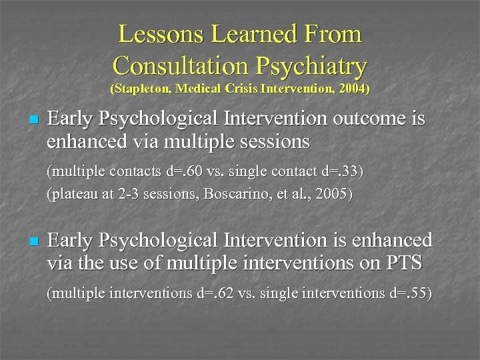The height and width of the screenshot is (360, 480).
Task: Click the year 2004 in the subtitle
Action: coord(353,88)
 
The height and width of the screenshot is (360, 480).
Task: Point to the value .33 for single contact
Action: coord(347,171)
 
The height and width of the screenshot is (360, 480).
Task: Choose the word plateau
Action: coord(74,195)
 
